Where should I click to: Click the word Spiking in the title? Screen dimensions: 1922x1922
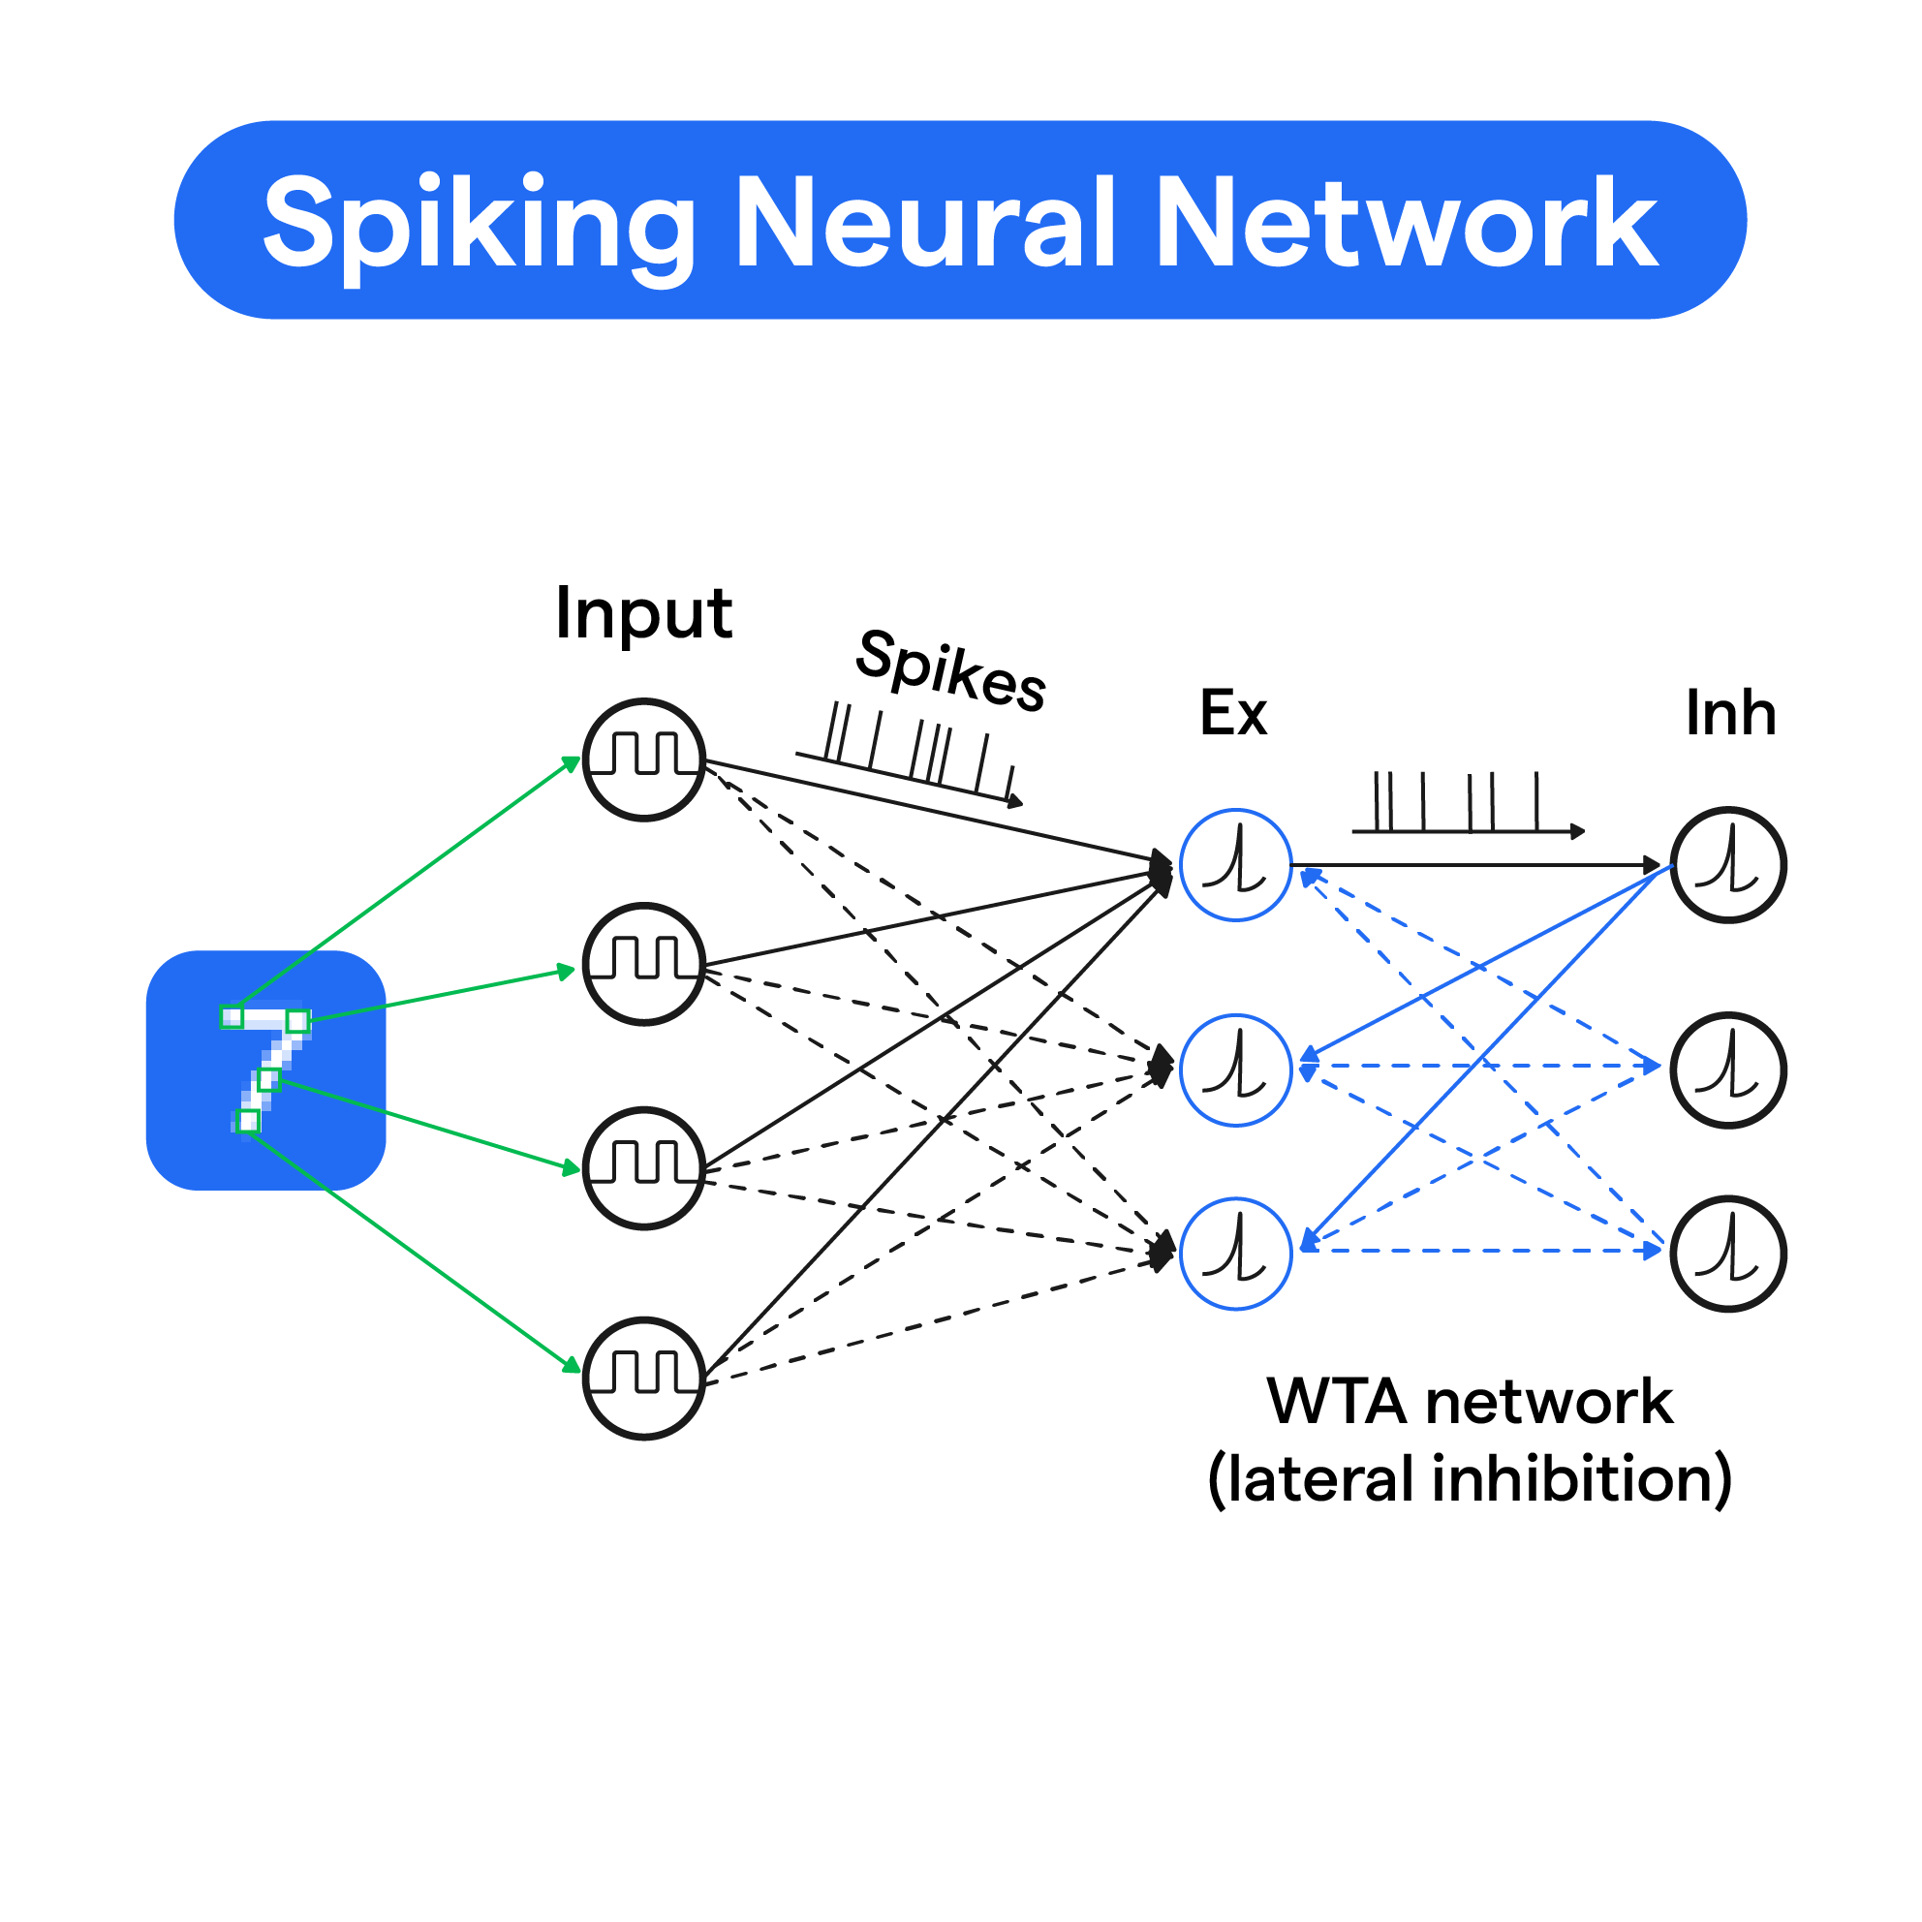tap(478, 223)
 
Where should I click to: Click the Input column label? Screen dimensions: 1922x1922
tap(643, 614)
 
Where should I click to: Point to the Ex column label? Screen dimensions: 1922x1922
tap(1233, 713)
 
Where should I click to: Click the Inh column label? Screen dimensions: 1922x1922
tap(1730, 713)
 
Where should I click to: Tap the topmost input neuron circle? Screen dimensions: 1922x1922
tap(643, 760)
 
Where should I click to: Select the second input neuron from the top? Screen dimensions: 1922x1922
tap(643, 964)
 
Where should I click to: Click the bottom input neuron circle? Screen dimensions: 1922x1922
tap(643, 1379)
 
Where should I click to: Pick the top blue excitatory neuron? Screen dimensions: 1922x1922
tap(1235, 865)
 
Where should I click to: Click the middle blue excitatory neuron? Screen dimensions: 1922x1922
tap(1235, 1070)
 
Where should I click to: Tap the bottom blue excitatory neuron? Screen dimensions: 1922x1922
tap(1235, 1254)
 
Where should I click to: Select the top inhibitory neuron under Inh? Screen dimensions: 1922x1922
tap(1728, 865)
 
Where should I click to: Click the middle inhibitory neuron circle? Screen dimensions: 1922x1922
tap(1728, 1070)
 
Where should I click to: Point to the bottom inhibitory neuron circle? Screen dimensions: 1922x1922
tap(1728, 1254)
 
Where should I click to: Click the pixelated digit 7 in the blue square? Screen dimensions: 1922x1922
tap(264, 1070)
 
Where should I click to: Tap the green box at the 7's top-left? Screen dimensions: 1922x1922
tap(232, 1017)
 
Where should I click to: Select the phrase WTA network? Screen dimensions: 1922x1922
tap(1470, 1402)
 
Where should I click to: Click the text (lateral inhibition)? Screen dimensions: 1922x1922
tap(1470, 1479)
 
